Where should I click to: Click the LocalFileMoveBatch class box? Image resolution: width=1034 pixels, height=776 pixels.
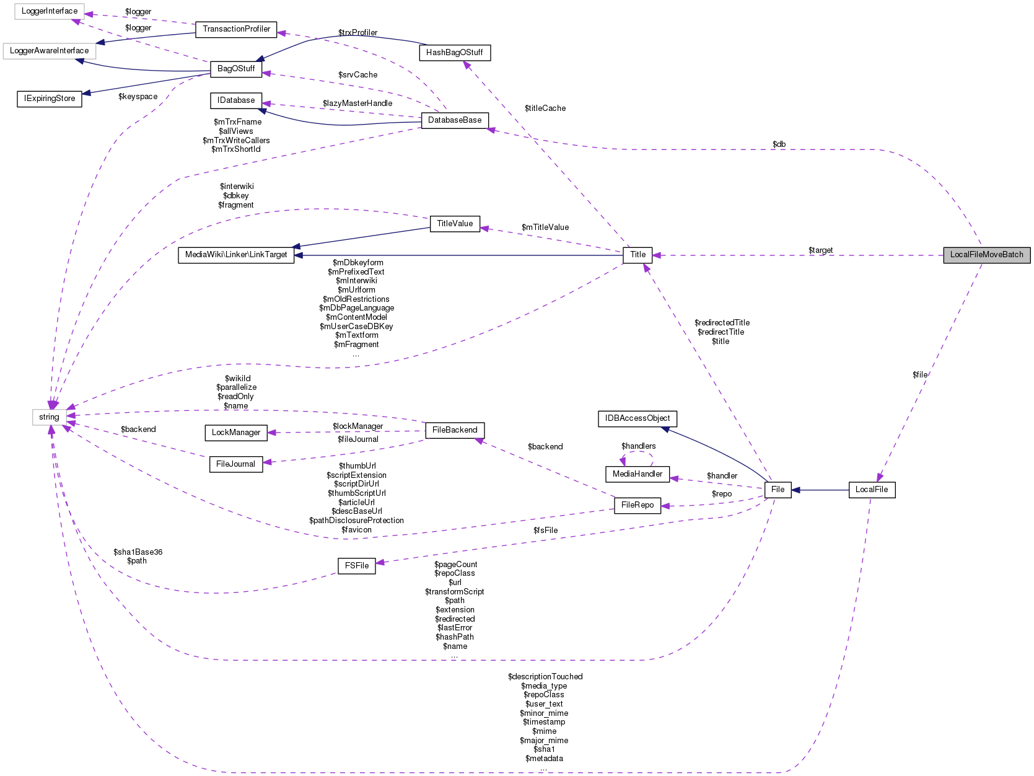(986, 255)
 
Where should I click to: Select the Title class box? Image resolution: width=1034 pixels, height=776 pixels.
(637, 255)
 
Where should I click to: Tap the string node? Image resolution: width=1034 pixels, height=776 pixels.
(49, 417)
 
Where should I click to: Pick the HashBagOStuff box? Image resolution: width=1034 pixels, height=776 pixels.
(454, 53)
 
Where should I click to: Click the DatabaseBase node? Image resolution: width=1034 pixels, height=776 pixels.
(454, 120)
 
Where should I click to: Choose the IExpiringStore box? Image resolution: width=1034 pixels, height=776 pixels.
(50, 99)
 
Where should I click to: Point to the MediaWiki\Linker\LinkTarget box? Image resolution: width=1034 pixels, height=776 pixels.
(236, 255)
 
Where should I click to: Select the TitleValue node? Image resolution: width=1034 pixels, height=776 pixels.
(455, 224)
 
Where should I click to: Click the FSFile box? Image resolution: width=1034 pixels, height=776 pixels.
(357, 566)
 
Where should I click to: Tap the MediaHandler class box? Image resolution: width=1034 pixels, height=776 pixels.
(637, 474)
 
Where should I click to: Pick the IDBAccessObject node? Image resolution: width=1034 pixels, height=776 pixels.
(637, 418)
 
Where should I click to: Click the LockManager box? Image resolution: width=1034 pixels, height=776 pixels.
(236, 433)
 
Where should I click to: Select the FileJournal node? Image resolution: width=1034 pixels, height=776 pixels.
(235, 464)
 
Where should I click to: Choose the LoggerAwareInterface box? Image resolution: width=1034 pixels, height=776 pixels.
(49, 51)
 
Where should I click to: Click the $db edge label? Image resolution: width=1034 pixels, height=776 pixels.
(779, 144)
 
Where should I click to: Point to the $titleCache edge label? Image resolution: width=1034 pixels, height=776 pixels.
(545, 108)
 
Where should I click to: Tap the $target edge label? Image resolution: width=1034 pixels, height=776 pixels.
(820, 250)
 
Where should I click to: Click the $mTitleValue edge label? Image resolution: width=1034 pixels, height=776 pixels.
(545, 227)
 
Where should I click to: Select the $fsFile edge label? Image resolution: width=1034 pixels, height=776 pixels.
(545, 531)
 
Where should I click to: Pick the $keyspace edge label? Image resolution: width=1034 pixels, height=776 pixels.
(138, 97)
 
